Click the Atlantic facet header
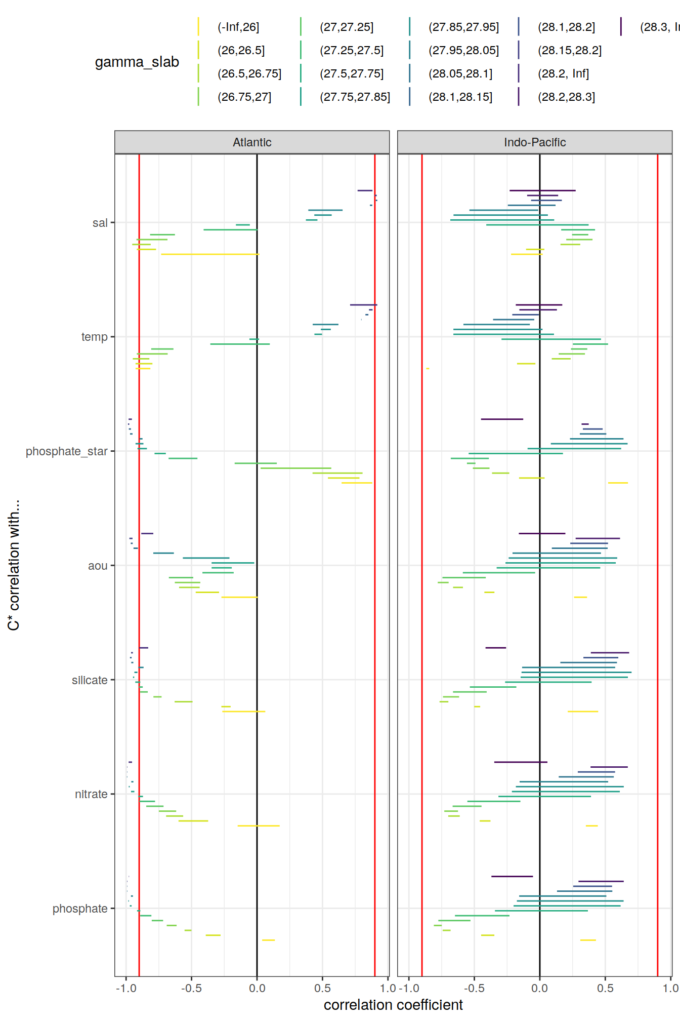pyautogui.click(x=252, y=142)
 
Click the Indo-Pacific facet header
pyautogui.click(x=534, y=142)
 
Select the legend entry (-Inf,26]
pyautogui.click(x=238, y=27)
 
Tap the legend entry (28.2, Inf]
pyautogui.click(x=563, y=73)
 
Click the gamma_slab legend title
pyautogui.click(x=137, y=62)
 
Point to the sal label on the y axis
pyautogui.click(x=100, y=223)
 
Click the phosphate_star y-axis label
pyautogui.click(x=67, y=451)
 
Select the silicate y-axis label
pyautogui.click(x=90, y=680)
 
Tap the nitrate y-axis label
pyautogui.click(x=91, y=794)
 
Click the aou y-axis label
pyautogui.click(x=98, y=566)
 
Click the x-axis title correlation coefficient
pyautogui.click(x=393, y=1005)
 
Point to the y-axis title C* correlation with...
pyautogui.click(x=14, y=565)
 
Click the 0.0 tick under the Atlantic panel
pyautogui.click(x=257, y=988)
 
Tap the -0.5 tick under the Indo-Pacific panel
pyautogui.click(x=474, y=988)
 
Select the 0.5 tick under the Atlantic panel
pyautogui.click(x=322, y=988)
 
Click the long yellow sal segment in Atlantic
pyautogui.click(x=210, y=254)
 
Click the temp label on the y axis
pyautogui.click(x=95, y=337)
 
